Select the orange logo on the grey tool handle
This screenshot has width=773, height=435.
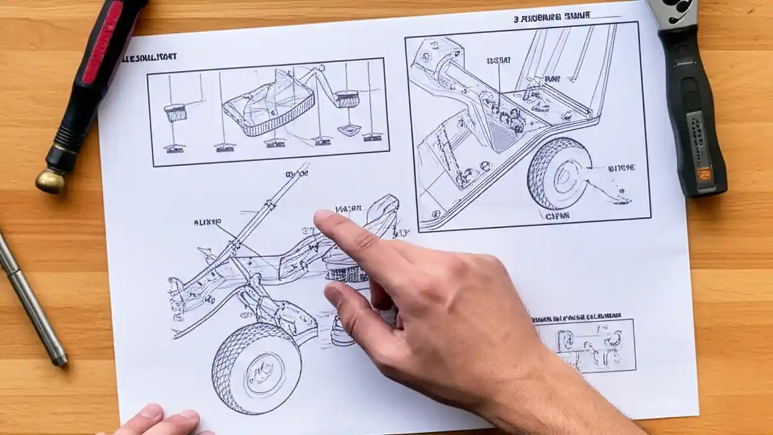704,173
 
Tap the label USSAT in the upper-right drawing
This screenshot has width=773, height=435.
498,61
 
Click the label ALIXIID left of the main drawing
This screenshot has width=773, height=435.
207,222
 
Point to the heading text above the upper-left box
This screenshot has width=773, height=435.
149,57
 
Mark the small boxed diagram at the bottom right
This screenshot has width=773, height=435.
585,346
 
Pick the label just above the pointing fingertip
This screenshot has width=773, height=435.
348,209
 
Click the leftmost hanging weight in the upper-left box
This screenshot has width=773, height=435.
175,112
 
